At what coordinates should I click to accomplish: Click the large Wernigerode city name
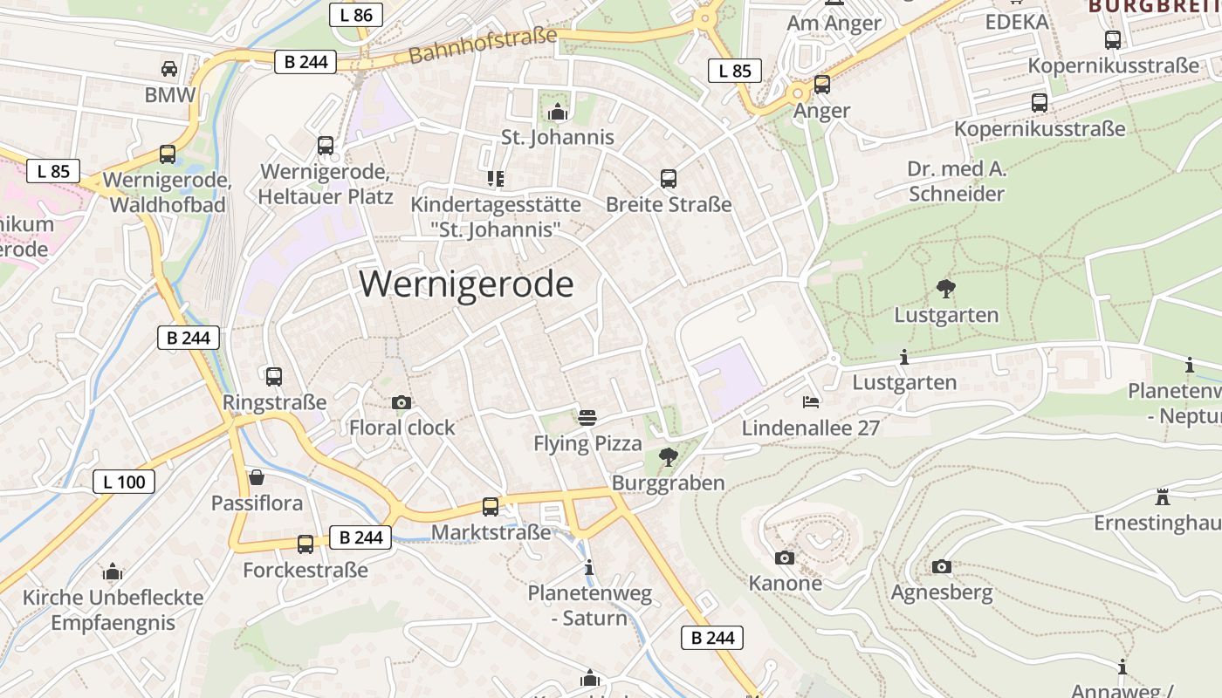(x=466, y=284)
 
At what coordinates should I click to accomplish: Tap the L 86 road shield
(x=355, y=14)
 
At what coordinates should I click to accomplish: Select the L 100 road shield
(x=124, y=481)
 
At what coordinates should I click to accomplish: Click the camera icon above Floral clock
(x=402, y=402)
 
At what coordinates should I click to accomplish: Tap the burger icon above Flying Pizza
(x=587, y=417)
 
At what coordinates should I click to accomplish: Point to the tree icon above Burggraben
(x=668, y=456)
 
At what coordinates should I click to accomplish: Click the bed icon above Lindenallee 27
(x=811, y=402)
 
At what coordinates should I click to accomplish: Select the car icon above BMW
(x=169, y=68)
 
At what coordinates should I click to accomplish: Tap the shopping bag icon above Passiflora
(x=257, y=477)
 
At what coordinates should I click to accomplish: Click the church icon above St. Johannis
(x=557, y=112)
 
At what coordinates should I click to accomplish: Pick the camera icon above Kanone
(x=785, y=558)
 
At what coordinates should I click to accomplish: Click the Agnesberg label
(x=941, y=593)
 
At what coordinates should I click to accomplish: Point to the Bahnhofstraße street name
(x=482, y=45)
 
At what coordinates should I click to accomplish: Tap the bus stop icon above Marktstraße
(x=491, y=506)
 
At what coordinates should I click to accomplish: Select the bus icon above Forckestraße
(x=305, y=544)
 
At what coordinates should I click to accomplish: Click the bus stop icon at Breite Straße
(x=669, y=179)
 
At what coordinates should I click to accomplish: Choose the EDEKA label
(x=1017, y=22)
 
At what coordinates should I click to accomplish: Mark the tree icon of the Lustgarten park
(x=945, y=288)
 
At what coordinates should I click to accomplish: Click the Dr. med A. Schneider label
(x=957, y=181)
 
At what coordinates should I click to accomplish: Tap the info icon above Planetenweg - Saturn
(x=589, y=568)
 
